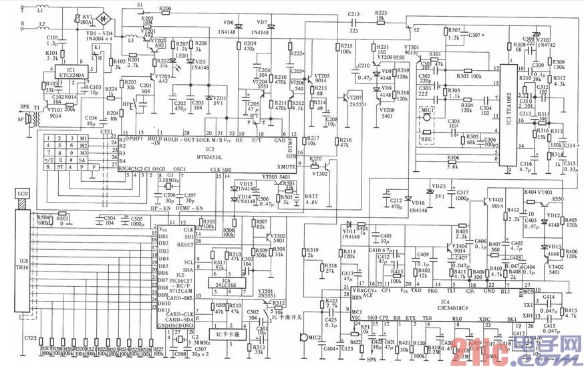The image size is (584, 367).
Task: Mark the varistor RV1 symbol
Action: coord(82,19)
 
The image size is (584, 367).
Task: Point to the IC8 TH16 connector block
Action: coord(24,267)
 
